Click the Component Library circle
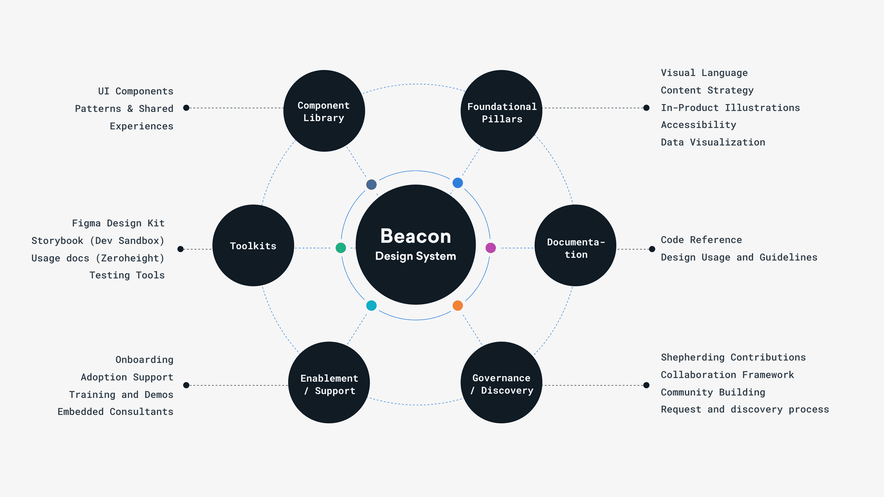click(324, 111)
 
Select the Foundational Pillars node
click(501, 111)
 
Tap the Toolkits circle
click(253, 245)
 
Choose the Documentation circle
click(575, 245)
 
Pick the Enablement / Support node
click(329, 382)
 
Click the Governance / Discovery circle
click(501, 382)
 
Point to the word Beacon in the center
click(415, 236)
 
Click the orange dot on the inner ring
click(458, 306)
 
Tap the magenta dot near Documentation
click(491, 248)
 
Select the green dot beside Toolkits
click(341, 248)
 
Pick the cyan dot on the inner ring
click(372, 306)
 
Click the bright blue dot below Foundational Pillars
click(458, 183)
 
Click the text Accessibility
click(698, 125)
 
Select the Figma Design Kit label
click(118, 223)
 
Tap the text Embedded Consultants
click(116, 411)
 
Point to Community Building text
click(713, 392)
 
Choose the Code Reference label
click(701, 240)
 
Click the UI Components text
click(136, 91)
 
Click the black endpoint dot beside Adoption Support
click(186, 385)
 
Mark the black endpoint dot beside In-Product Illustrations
click(646, 108)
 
